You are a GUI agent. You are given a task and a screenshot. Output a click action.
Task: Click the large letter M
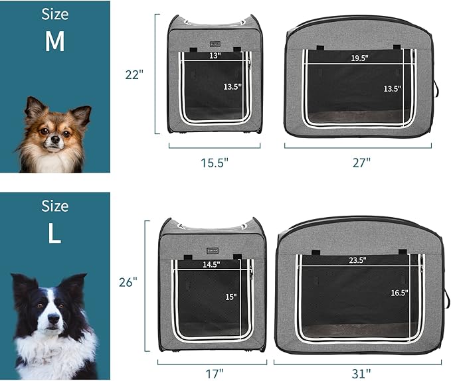[54, 41]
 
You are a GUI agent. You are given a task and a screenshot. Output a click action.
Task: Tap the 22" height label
[134, 75]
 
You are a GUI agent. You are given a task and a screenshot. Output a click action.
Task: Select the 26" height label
[128, 282]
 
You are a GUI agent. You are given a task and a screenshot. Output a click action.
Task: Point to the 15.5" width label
[215, 163]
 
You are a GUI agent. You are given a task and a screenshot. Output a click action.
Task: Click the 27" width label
[361, 163]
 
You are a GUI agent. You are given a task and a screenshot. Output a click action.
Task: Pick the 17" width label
[215, 374]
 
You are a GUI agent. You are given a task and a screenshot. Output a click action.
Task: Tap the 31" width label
[361, 374]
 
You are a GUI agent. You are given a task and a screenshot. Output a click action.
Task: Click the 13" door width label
[215, 56]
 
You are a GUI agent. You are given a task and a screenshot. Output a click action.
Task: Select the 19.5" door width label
[359, 58]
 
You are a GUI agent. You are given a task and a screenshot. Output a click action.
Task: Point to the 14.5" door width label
[211, 264]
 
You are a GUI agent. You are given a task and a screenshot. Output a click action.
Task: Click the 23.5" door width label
[357, 260]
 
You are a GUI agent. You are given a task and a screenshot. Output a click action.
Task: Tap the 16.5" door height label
[399, 293]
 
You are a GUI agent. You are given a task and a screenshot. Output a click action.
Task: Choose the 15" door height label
[231, 297]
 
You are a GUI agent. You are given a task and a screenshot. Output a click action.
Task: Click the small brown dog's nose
[55, 140]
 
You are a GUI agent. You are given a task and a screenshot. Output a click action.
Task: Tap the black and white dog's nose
[54, 318]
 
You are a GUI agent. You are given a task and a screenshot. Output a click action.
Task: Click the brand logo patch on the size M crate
[215, 44]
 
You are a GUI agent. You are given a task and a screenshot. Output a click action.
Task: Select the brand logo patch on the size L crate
[213, 251]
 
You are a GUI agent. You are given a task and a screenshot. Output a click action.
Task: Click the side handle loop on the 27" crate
[436, 88]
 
